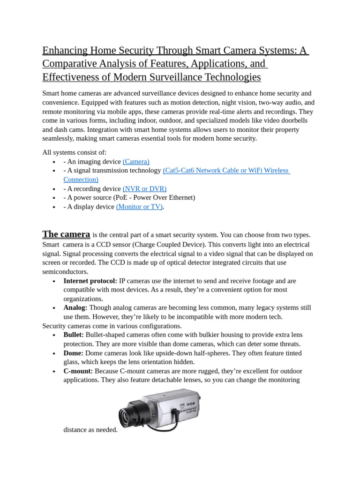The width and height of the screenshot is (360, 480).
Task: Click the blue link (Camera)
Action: coord(136,162)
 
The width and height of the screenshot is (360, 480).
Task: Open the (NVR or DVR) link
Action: coord(144,188)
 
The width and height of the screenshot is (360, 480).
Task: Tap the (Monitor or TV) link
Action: coord(139,207)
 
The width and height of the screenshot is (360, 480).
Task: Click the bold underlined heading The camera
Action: coord(66,234)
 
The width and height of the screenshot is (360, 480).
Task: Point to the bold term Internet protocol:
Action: coord(90,281)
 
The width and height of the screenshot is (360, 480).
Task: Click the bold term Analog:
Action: coord(75,308)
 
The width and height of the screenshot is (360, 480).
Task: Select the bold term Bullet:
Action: coord(74,335)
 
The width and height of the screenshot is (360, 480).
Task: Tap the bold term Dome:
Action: coord(74,353)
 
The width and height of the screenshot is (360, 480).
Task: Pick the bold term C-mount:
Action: coord(78,371)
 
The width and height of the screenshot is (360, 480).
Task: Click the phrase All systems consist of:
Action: coord(75,152)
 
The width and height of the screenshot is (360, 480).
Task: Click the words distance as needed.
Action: coord(90,429)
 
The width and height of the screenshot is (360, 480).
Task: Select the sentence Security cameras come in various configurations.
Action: coord(112,326)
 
